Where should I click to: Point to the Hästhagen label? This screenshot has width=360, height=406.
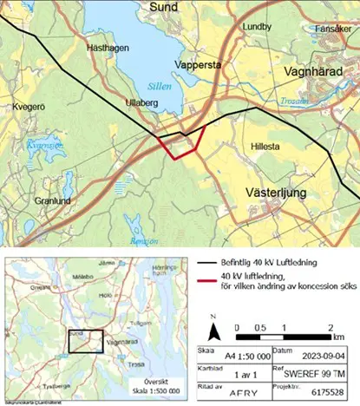[108, 49]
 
